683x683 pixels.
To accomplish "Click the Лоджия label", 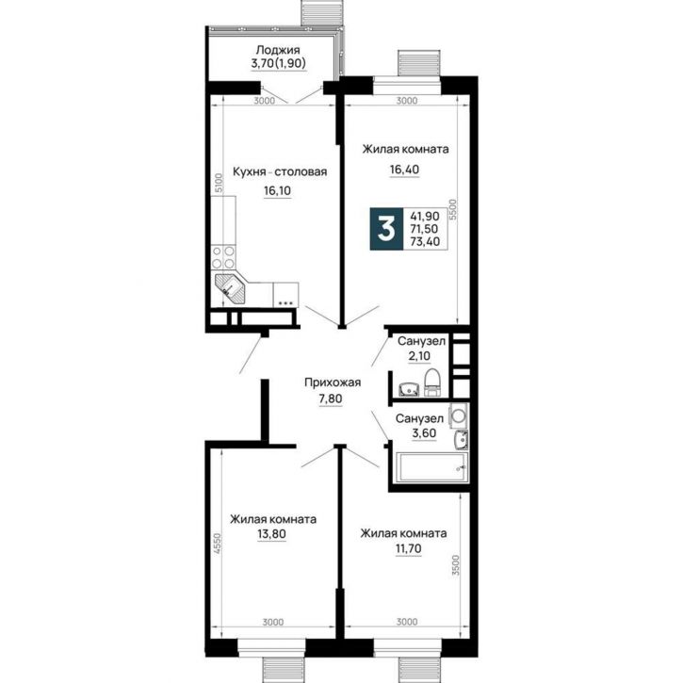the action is pyautogui.click(x=278, y=51).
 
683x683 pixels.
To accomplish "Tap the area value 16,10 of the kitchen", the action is pyautogui.click(x=277, y=190).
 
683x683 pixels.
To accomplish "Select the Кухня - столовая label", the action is pyautogui.click(x=280, y=171).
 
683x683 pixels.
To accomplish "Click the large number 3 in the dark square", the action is pyautogui.click(x=386, y=230).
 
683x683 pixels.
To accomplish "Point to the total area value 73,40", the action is pyautogui.click(x=425, y=241).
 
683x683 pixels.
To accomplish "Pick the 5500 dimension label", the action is pyautogui.click(x=453, y=209).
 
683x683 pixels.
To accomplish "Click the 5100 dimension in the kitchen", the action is pyautogui.click(x=220, y=183).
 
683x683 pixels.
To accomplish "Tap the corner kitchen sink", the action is pyautogui.click(x=230, y=288).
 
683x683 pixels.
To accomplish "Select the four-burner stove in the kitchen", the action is pyautogui.click(x=223, y=256).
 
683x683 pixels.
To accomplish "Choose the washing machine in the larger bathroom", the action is pyautogui.click(x=458, y=415).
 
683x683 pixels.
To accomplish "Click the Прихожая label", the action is pyautogui.click(x=333, y=382).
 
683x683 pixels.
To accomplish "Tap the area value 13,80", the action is pyautogui.click(x=272, y=533).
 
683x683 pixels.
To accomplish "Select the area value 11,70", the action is pyautogui.click(x=408, y=548).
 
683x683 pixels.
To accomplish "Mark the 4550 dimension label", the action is pyautogui.click(x=219, y=545).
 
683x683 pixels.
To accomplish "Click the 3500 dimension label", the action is pyautogui.click(x=455, y=565).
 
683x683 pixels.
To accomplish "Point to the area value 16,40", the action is pyautogui.click(x=405, y=169).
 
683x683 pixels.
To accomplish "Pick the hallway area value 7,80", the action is pyautogui.click(x=331, y=398).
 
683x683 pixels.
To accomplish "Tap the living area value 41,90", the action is pyautogui.click(x=424, y=216).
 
